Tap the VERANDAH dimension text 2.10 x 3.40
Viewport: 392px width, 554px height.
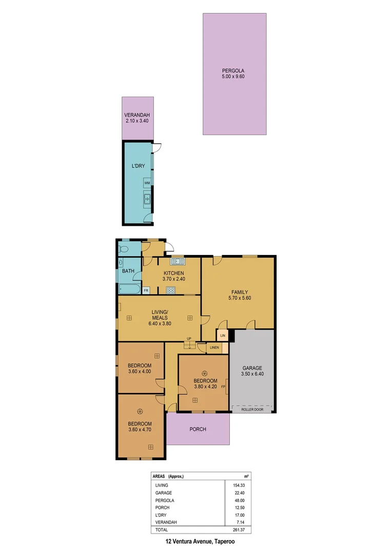pyautogui.click(x=138, y=122)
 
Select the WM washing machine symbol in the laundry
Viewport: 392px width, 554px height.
pyautogui.click(x=147, y=183)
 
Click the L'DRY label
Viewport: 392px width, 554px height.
pyautogui.click(x=138, y=166)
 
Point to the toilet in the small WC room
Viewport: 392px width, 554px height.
pyautogui.click(x=122, y=250)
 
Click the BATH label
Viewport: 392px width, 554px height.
pyautogui.click(x=128, y=271)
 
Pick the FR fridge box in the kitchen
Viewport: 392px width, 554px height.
pyautogui.click(x=146, y=291)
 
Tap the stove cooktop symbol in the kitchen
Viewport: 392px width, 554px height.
pyautogui.click(x=171, y=290)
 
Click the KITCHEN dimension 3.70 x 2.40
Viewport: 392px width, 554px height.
pyautogui.click(x=174, y=279)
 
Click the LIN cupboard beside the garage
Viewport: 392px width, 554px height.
pyautogui.click(x=223, y=335)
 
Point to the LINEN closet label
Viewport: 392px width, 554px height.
pyautogui.click(x=214, y=348)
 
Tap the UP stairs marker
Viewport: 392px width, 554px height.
pyautogui.click(x=189, y=339)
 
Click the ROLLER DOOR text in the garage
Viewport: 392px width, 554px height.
pyautogui.click(x=252, y=409)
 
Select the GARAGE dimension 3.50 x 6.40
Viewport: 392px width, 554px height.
pyautogui.click(x=252, y=374)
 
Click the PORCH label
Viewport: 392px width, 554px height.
pyautogui.click(x=198, y=429)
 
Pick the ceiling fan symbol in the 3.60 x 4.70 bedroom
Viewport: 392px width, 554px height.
pyautogui.click(x=140, y=410)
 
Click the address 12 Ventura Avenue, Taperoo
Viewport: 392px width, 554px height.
pyautogui.click(x=197, y=541)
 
